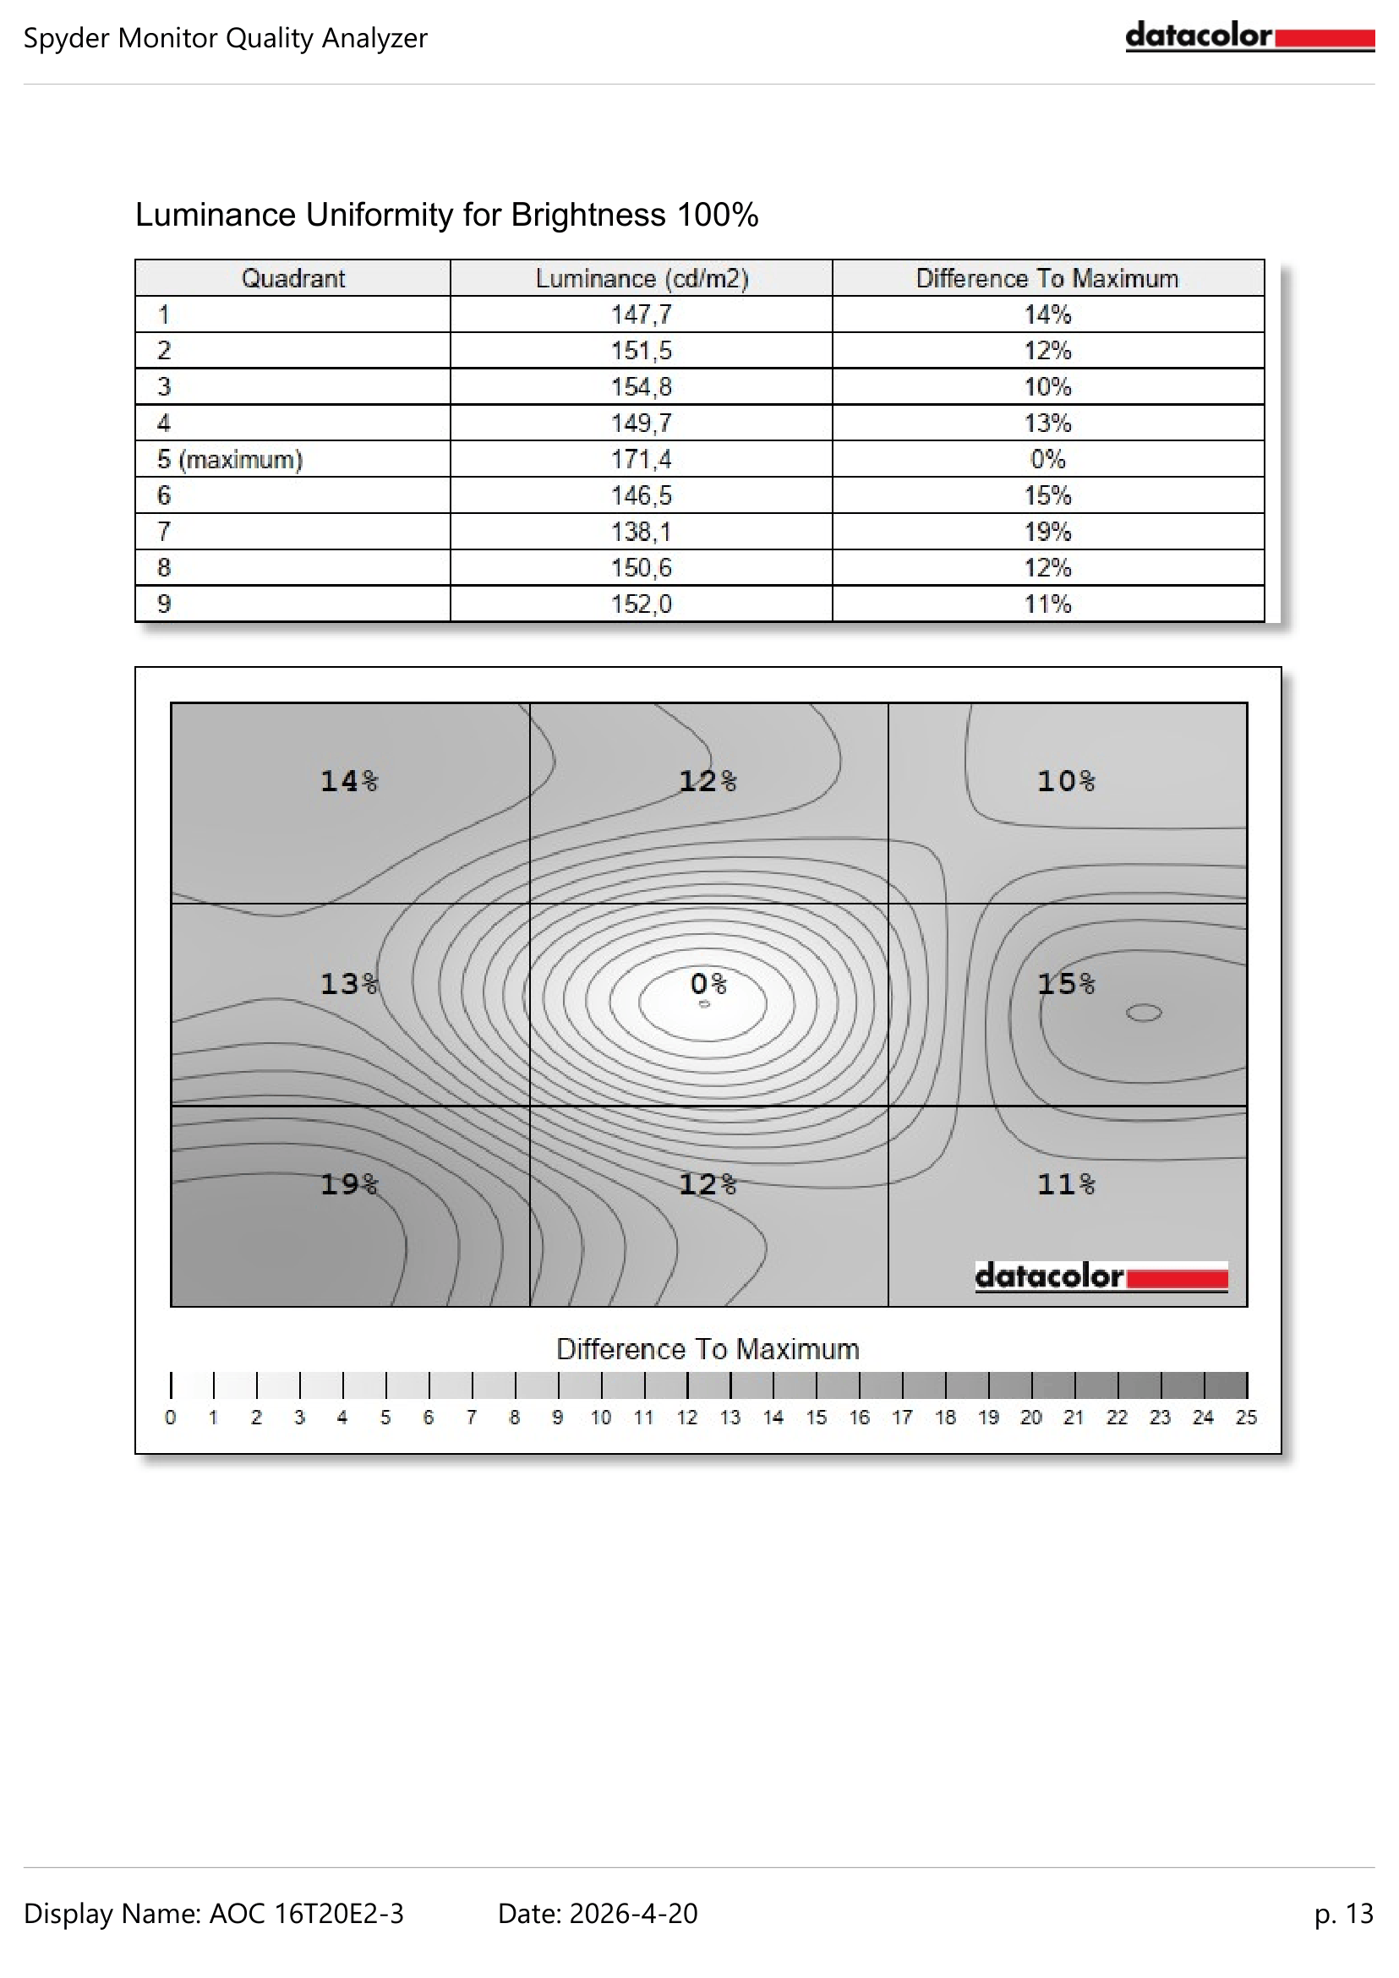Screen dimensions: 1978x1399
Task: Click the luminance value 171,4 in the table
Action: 641,459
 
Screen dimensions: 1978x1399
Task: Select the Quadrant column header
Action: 292,278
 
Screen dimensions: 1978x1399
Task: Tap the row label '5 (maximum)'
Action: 230,459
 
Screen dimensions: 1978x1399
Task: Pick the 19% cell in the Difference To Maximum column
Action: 1047,532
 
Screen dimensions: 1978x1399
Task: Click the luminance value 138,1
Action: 641,532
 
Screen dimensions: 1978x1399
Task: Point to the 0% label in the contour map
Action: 708,983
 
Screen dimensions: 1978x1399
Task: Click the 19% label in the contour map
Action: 349,1184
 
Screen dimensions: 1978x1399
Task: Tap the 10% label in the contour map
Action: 1066,781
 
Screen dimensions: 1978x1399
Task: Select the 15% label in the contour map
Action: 1066,983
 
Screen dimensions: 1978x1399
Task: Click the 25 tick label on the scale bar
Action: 1246,1418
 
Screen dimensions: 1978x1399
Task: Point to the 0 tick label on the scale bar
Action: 171,1418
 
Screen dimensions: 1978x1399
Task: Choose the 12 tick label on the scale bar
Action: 686,1418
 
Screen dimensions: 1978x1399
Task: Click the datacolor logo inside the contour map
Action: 1101,1276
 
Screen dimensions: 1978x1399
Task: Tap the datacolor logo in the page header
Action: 1249,37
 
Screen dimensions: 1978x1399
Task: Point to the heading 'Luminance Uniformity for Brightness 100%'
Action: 446,215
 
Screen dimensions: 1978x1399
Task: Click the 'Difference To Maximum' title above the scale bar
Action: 708,1349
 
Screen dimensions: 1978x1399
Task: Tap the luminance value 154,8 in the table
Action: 641,387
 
